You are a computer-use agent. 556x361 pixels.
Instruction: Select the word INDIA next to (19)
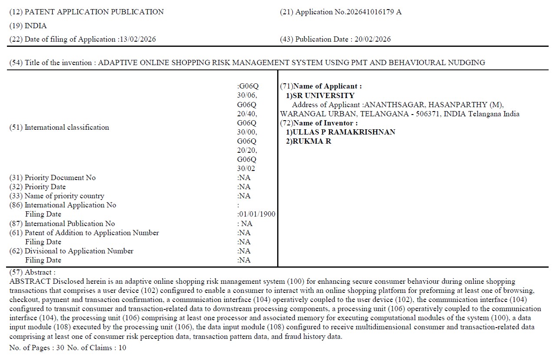36,26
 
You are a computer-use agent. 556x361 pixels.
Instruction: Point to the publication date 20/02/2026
372,39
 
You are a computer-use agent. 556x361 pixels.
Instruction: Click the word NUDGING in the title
470,62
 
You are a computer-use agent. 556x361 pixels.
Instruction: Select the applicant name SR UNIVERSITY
323,95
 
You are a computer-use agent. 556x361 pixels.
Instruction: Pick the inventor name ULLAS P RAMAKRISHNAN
344,132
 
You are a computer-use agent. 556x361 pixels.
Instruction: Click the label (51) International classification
59,128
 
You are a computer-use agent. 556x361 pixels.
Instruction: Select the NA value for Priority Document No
244,178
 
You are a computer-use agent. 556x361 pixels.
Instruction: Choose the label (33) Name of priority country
57,196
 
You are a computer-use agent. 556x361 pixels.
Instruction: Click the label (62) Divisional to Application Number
71,251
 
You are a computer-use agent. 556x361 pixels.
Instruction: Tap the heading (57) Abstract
33,272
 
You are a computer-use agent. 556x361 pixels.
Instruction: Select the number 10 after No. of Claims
122,348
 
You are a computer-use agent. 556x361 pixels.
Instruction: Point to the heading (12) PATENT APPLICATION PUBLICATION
86,12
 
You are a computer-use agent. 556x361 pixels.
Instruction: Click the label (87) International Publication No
62,224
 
